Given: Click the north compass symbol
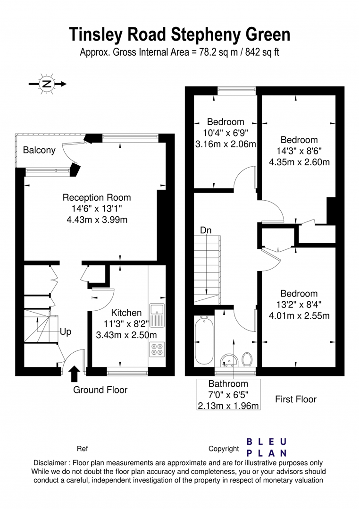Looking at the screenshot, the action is tap(47, 84).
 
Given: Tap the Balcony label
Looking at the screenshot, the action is tap(39, 150).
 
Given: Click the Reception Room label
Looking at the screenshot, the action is tap(97, 197).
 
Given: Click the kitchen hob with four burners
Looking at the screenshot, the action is tap(157, 349).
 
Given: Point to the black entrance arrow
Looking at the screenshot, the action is tap(75, 374).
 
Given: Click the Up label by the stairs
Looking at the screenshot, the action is tap(65, 332).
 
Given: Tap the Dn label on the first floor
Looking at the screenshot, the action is tap(206, 230).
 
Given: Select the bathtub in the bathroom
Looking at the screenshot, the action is tap(204, 340).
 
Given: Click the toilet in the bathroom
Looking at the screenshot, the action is tap(248, 360).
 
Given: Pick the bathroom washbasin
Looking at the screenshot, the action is tap(229, 361).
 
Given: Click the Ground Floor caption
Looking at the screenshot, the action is tap(100, 390).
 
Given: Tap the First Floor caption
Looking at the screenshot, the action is tap(296, 399).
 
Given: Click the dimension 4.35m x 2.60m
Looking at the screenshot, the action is tap(299, 162).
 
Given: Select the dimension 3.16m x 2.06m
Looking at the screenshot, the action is tap(226, 144).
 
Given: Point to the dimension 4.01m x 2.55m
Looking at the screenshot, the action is tap(299, 315).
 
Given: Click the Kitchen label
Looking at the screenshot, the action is tap(126, 313).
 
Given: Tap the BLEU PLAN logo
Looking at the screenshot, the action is tap(267, 448).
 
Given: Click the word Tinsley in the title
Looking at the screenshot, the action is tap(95, 34).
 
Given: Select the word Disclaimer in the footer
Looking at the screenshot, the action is tap(50, 463).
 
